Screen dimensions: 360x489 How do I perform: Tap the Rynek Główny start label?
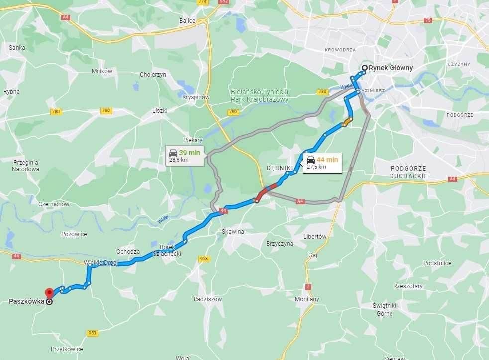391,68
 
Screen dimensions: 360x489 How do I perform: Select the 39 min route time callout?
185,156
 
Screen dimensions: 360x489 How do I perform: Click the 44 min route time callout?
322,163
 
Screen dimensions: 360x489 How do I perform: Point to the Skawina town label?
233,231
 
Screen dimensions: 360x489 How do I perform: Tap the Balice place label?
187,21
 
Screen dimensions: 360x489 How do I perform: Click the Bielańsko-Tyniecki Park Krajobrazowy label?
259,96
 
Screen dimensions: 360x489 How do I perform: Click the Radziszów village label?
207,299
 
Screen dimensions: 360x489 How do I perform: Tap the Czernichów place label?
54,204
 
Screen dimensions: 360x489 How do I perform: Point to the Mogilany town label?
307,299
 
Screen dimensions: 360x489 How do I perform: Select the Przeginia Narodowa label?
26,165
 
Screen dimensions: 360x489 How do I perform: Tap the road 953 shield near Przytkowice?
92,333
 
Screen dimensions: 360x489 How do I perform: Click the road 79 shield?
427,20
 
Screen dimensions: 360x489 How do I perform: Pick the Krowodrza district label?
340,50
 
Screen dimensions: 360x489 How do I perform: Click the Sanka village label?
17,47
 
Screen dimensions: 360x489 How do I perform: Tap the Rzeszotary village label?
408,286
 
